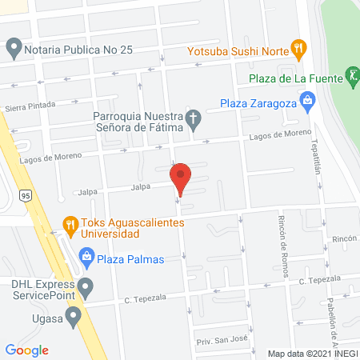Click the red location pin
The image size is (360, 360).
181,178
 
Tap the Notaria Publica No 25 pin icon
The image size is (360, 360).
13,49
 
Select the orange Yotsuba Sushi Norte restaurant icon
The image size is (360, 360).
299,48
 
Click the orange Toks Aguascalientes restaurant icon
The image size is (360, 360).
70,227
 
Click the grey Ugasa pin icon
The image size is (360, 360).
74,317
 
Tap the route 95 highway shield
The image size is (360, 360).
26,195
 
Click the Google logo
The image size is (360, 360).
27,349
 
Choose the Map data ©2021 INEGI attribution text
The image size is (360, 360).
312,354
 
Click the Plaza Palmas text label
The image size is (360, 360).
130,258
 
